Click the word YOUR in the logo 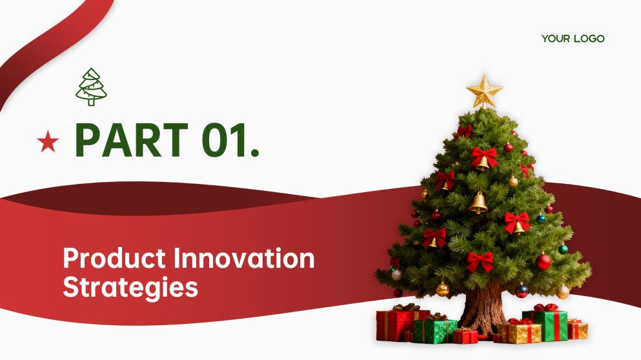[x=556, y=39]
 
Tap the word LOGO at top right [x=589, y=39]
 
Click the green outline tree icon [x=91, y=87]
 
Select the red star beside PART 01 [x=48, y=141]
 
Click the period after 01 [x=254, y=153]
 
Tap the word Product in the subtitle [x=114, y=258]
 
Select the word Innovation [x=244, y=258]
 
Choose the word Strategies [x=130, y=288]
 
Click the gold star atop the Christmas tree [x=484, y=91]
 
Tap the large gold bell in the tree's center [x=478, y=203]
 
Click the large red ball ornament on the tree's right [x=544, y=261]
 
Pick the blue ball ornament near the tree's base [x=521, y=290]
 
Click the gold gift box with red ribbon [x=519, y=332]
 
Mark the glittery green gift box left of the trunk [x=435, y=329]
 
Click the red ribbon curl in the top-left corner [x=49, y=45]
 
